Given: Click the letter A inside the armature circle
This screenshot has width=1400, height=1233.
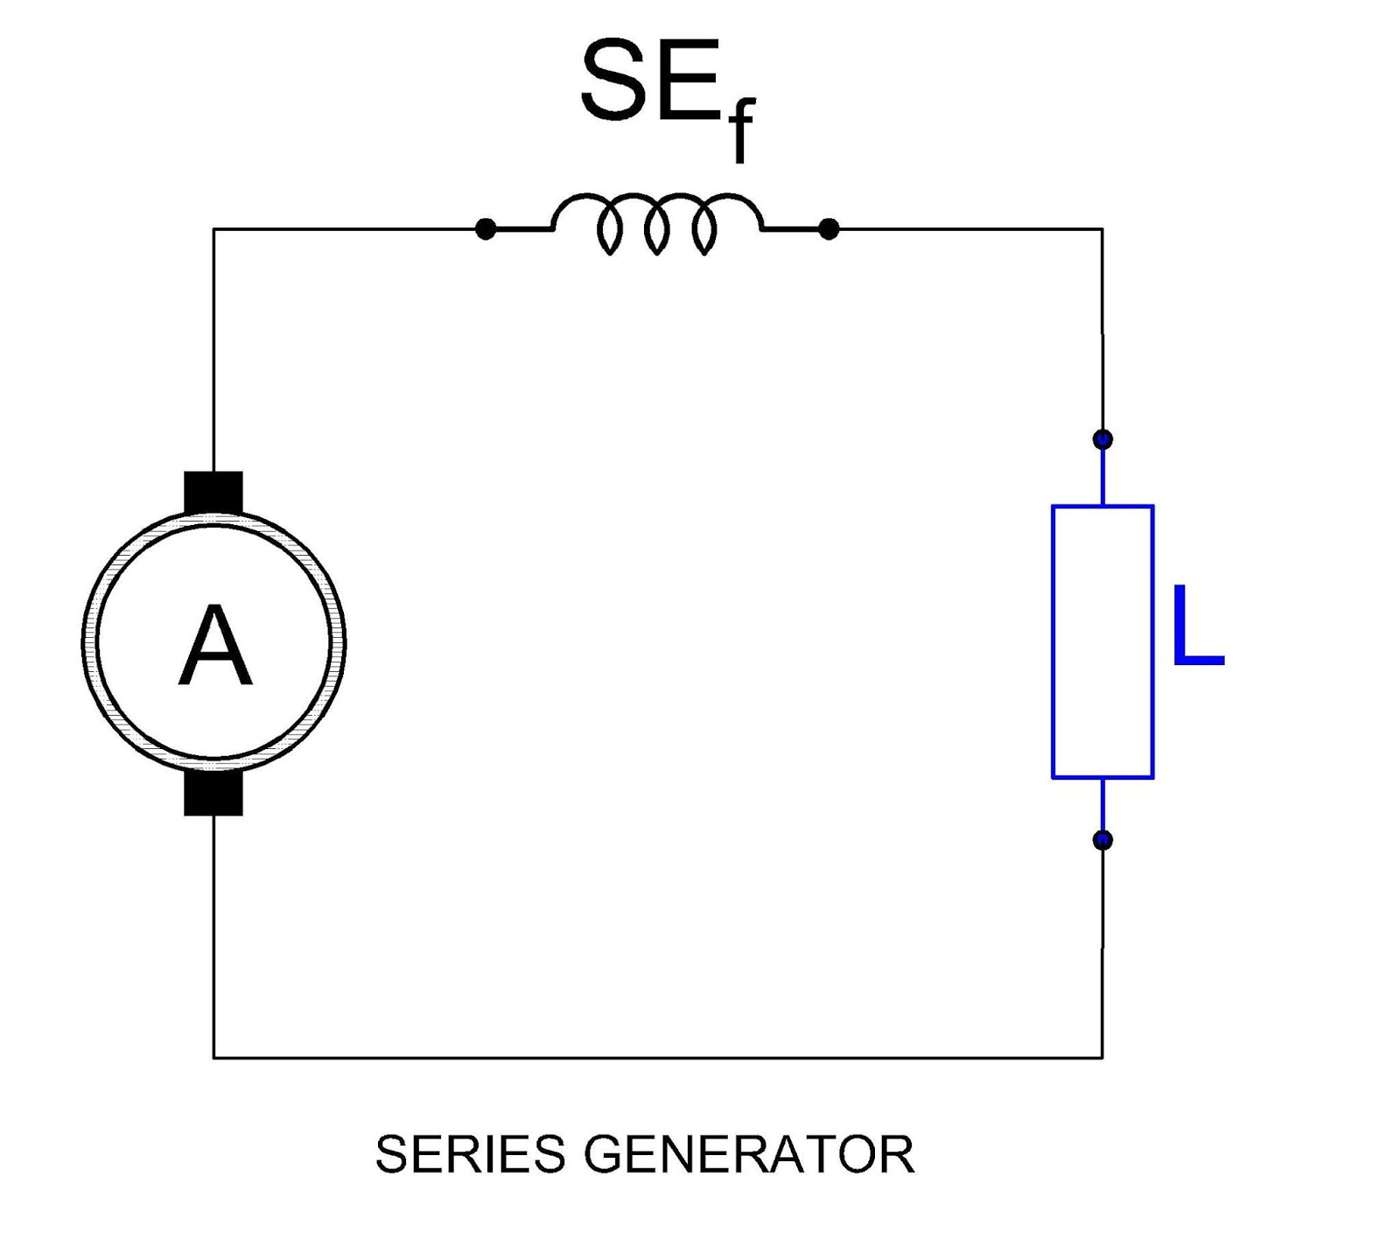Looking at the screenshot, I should (x=214, y=647).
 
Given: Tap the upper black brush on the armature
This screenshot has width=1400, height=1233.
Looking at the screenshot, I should (x=213, y=492).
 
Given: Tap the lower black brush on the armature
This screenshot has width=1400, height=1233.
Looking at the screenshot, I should (x=213, y=794).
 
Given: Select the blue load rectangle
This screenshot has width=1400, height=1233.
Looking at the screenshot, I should (x=1102, y=641).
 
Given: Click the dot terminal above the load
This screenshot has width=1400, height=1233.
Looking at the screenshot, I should (x=1102, y=439).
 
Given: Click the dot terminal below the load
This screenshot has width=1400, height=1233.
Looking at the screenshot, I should (x=1102, y=840).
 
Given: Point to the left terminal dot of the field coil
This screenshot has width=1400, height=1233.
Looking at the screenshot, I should (x=486, y=229).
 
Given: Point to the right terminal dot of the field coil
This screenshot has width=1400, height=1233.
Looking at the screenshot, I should (x=829, y=229).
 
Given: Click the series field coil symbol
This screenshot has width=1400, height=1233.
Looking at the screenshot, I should (x=657, y=223).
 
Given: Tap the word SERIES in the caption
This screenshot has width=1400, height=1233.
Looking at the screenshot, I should (x=470, y=1154).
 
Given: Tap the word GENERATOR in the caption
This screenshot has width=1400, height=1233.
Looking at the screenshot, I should (x=749, y=1154).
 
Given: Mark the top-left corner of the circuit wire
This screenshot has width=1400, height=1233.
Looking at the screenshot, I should (x=213, y=229).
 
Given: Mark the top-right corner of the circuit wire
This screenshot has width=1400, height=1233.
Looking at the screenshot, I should (x=1102, y=229).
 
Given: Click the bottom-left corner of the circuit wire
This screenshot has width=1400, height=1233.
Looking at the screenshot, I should (x=213, y=1057).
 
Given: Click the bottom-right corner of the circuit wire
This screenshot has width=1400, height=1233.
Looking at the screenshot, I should (x=1102, y=1057).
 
